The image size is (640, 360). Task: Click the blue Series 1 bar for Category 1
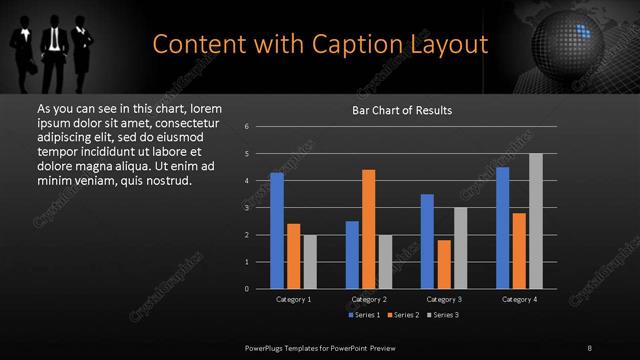point(277,230)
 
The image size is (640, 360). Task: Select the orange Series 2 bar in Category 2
point(368,229)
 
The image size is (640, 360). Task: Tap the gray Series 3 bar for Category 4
point(536,221)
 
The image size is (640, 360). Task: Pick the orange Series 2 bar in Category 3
point(444,264)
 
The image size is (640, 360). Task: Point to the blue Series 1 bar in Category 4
point(503,228)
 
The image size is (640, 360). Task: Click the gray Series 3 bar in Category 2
point(385,261)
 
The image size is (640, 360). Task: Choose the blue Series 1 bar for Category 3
point(427,241)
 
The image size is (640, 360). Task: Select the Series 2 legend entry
point(403,315)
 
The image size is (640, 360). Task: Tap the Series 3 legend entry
point(442,315)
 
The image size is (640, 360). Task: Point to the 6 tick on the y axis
point(246,127)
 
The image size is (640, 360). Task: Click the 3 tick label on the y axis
point(246,208)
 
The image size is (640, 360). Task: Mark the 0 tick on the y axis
point(246,289)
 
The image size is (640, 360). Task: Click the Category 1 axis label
point(293,299)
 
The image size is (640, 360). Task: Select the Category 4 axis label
point(520,299)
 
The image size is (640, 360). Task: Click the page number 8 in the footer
point(590,346)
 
